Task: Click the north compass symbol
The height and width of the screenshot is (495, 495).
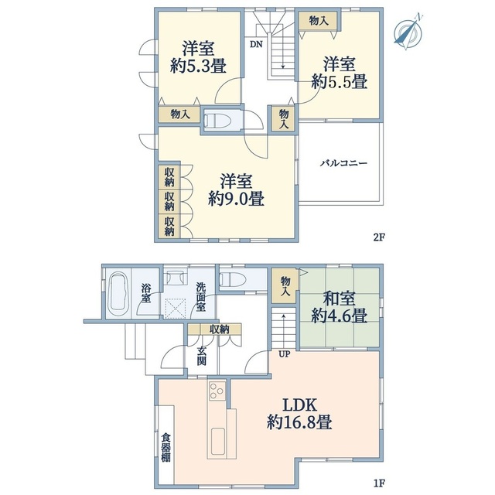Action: pos(409,32)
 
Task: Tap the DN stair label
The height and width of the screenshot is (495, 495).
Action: pos(256,45)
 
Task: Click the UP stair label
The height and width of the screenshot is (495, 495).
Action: pos(284,354)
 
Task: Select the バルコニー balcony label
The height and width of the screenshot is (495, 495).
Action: pos(344,163)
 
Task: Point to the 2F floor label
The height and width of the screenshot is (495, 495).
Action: pos(380,237)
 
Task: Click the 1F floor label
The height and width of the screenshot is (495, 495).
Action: pos(380,483)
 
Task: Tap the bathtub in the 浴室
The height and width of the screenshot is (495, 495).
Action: pos(118,293)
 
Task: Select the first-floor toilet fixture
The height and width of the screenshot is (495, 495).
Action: pos(232,280)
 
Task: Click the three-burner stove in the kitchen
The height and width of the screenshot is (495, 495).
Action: pos(217,391)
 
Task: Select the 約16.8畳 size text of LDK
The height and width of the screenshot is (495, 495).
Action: pos(299,422)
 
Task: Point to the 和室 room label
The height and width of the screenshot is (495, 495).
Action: pos(339,299)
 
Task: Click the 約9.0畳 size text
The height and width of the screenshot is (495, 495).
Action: pos(236,199)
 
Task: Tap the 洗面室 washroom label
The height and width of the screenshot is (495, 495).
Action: pos(201,297)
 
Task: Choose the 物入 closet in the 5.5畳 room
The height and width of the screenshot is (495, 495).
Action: pos(318,21)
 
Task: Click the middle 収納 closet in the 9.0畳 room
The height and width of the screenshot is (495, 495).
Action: pos(169,201)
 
